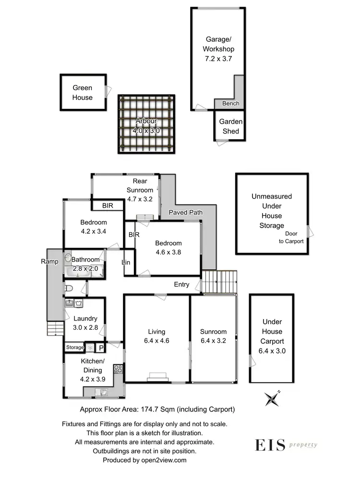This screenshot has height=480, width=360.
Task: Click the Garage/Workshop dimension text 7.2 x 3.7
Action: [x=218, y=59]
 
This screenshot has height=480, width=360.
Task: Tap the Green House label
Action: [x=83, y=93]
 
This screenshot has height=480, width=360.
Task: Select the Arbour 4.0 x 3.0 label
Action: [x=146, y=126]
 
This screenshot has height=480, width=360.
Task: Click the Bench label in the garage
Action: [x=230, y=104]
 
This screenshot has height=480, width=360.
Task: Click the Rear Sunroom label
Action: [x=140, y=185]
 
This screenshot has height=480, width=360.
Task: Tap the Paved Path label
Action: [x=185, y=213]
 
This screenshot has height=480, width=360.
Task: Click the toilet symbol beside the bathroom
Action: [x=68, y=288]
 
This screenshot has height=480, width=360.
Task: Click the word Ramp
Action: [x=49, y=262]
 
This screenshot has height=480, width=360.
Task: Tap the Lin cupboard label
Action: [x=126, y=263]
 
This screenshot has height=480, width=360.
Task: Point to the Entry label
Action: [x=181, y=285]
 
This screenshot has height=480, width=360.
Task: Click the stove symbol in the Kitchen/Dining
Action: [x=118, y=370]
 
